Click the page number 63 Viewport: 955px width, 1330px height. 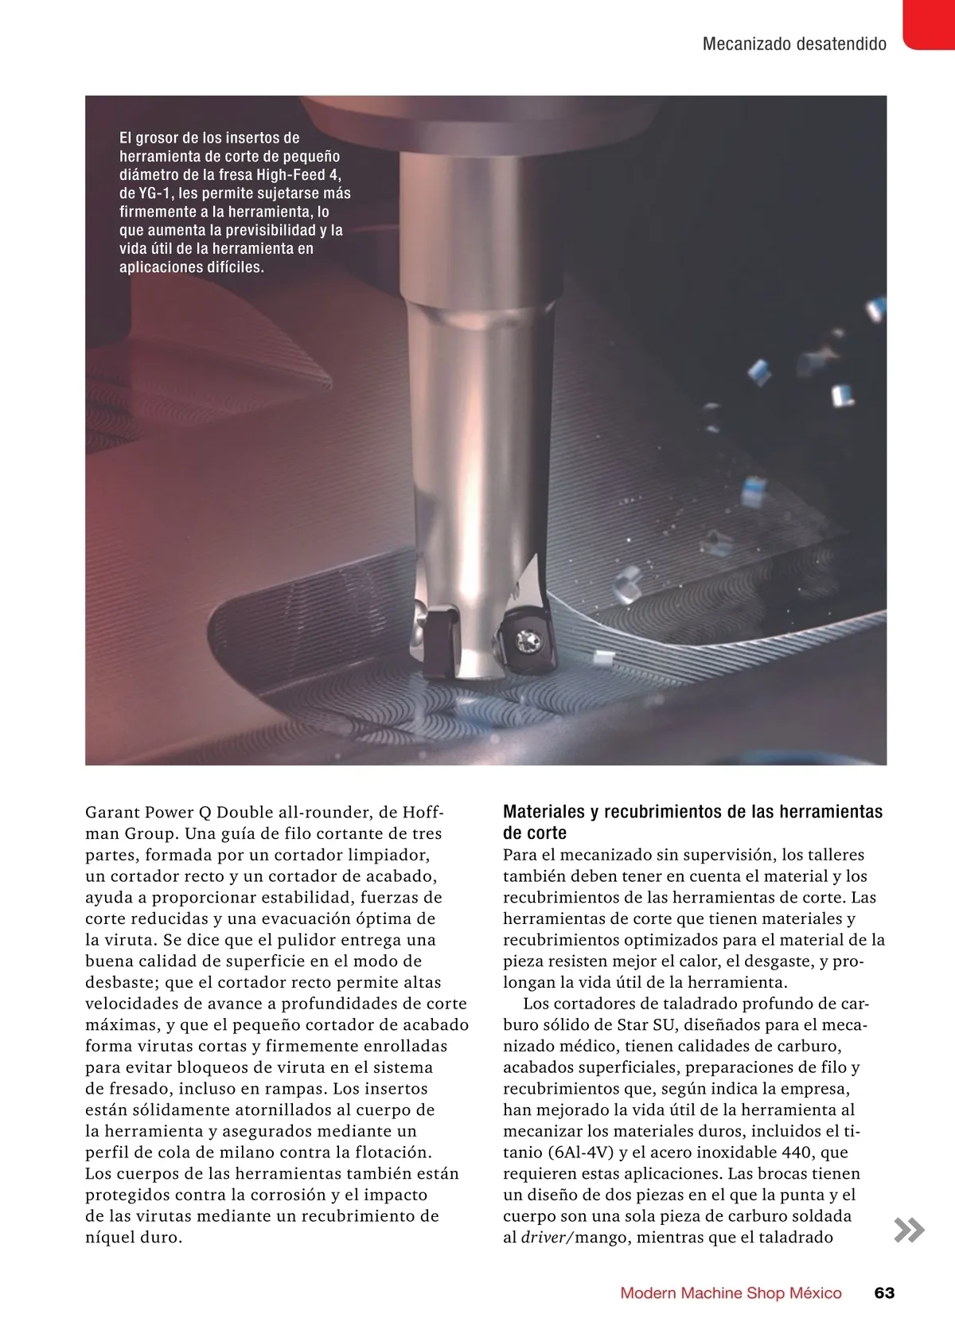tap(884, 1293)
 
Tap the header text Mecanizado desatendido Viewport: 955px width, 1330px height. tap(794, 44)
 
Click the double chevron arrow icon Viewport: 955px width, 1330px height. tap(909, 1230)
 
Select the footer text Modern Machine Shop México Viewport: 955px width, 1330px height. tap(731, 1293)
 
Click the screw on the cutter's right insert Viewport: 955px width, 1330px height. tap(526, 639)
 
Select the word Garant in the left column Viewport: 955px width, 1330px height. tap(112, 813)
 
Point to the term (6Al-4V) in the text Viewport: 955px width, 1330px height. tap(581, 1153)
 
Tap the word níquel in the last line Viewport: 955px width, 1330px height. tap(112, 1238)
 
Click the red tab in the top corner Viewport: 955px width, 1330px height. tap(930, 24)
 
